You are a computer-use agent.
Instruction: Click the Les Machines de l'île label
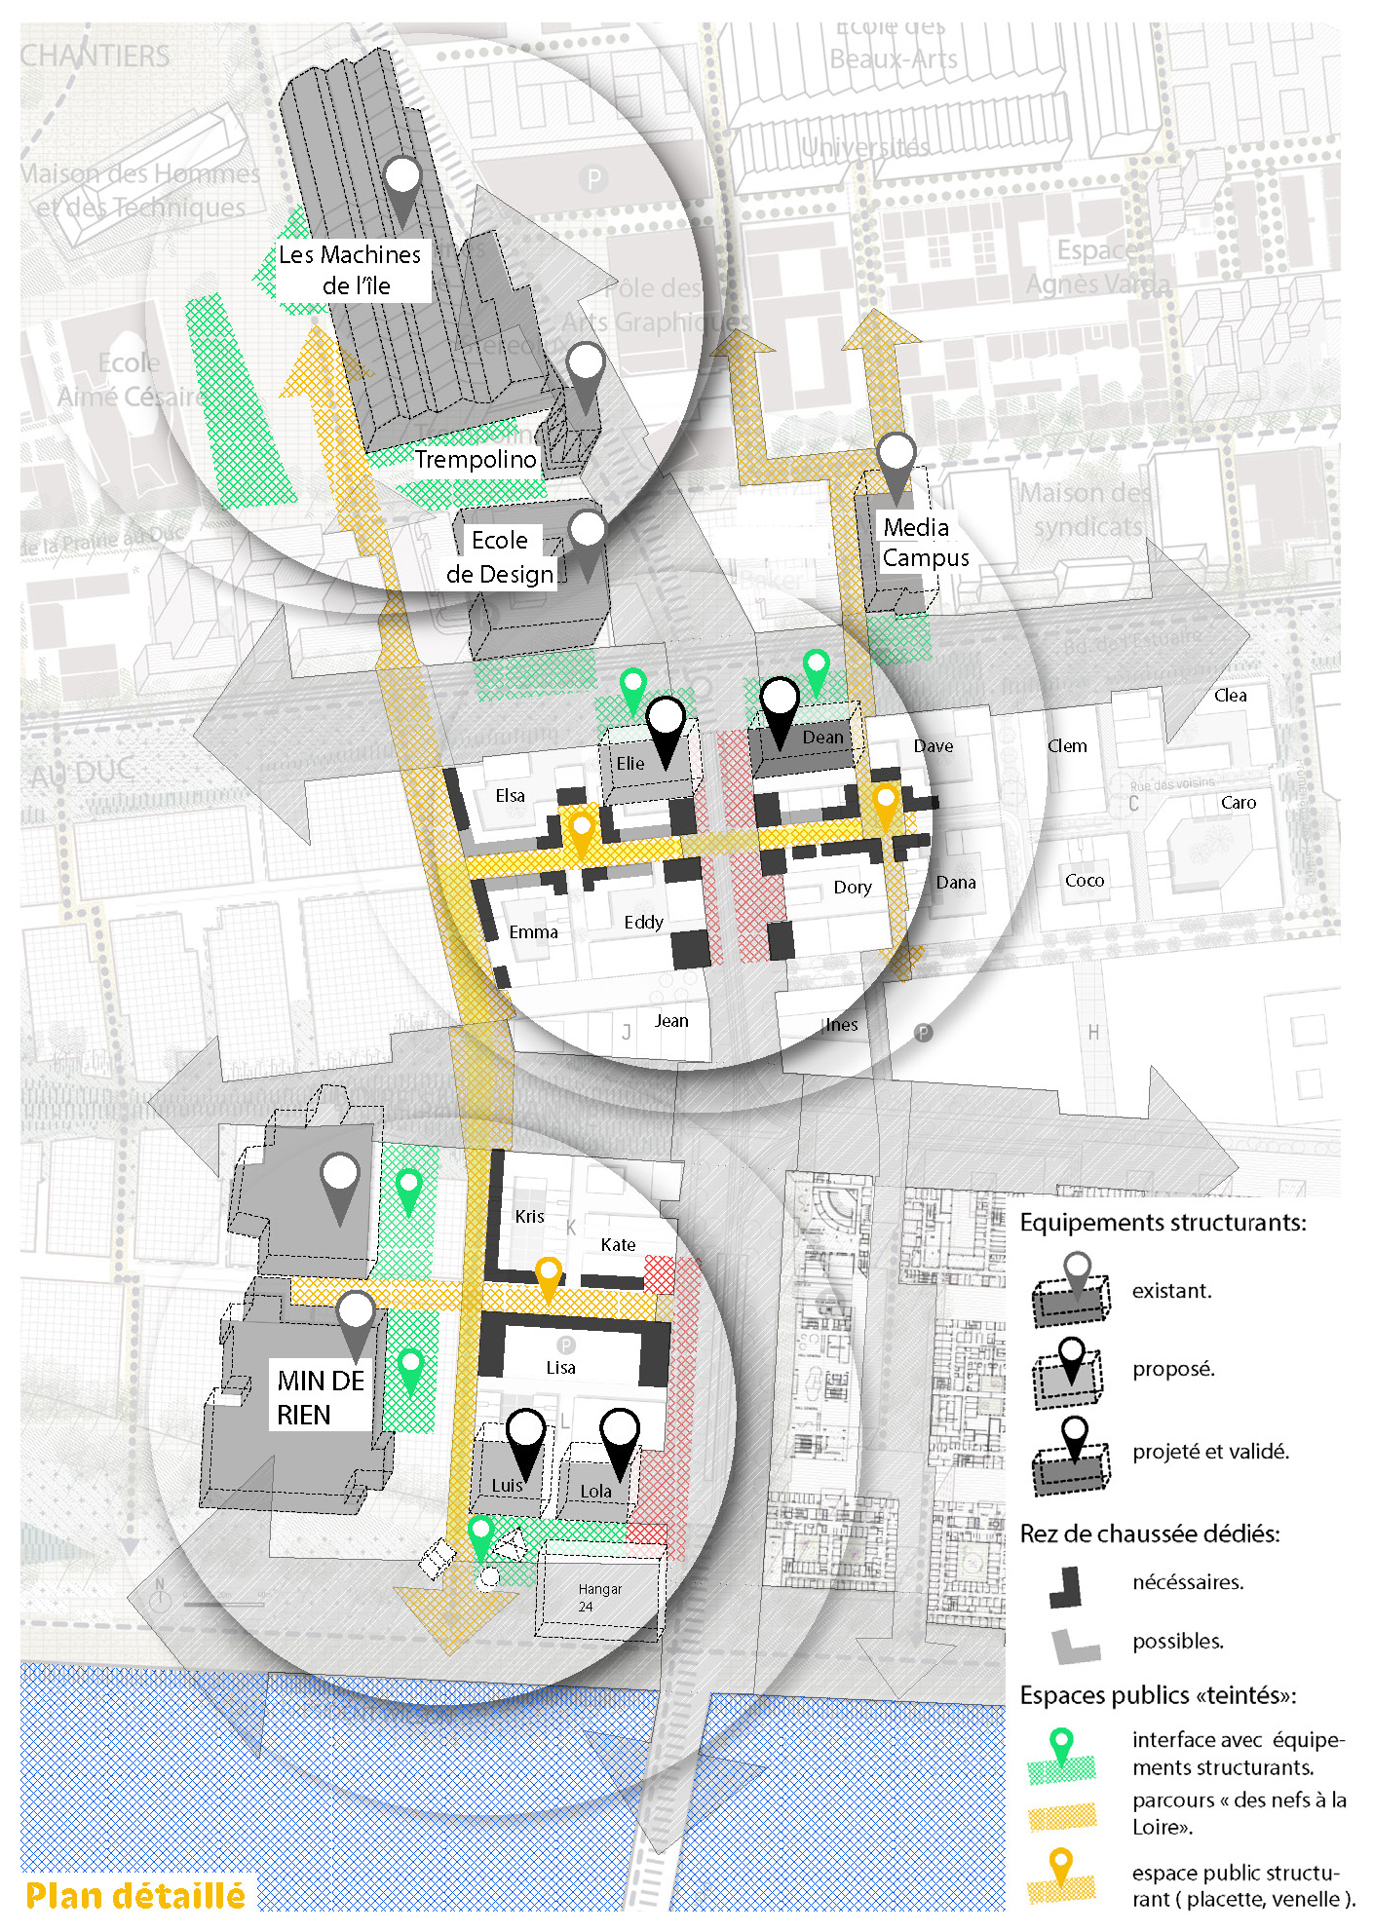pyautogui.click(x=350, y=270)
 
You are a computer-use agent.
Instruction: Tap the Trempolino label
pyautogui.click(x=476, y=459)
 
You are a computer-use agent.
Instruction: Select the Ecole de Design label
pyautogui.click(x=500, y=557)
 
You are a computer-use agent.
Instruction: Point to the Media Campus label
pyautogui.click(x=926, y=543)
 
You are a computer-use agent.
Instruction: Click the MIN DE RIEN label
pyautogui.click(x=321, y=1397)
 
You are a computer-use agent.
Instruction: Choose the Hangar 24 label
pyautogui.click(x=597, y=1597)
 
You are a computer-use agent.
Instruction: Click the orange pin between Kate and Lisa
pyautogui.click(x=550, y=1276)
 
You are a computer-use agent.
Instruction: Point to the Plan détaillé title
pyautogui.click(x=135, y=1896)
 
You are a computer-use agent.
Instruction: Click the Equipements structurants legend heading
pyautogui.click(x=1163, y=1223)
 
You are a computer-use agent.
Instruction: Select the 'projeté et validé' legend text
pyautogui.click(x=1210, y=1452)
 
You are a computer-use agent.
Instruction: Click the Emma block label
pyautogui.click(x=533, y=932)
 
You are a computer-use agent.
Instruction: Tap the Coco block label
pyautogui.click(x=1085, y=881)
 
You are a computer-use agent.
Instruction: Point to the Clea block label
pyautogui.click(x=1230, y=696)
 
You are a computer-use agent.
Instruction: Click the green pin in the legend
pyautogui.click(x=1061, y=1744)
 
